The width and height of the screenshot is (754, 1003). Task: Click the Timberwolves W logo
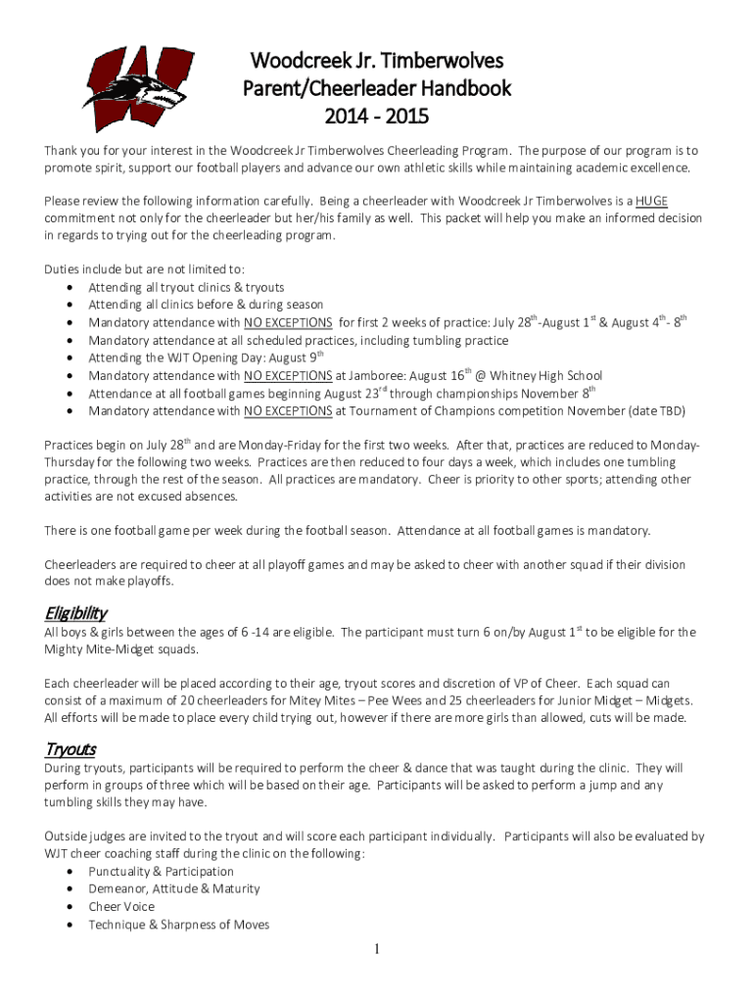point(133,89)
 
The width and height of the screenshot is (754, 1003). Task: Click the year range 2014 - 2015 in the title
point(377,118)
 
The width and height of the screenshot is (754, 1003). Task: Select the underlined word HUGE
point(651,201)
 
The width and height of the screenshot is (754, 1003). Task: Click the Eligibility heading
point(75,613)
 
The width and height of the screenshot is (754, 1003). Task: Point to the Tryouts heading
point(71,749)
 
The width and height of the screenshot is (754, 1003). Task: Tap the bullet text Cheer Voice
point(121,907)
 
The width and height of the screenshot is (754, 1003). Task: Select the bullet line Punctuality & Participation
point(161,872)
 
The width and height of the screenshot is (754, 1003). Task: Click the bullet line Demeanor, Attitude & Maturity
point(174,889)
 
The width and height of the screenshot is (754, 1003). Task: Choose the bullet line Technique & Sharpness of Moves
point(178,925)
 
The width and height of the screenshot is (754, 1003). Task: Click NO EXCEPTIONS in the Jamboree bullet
point(288,376)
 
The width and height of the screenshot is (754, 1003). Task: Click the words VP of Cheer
point(545,683)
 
